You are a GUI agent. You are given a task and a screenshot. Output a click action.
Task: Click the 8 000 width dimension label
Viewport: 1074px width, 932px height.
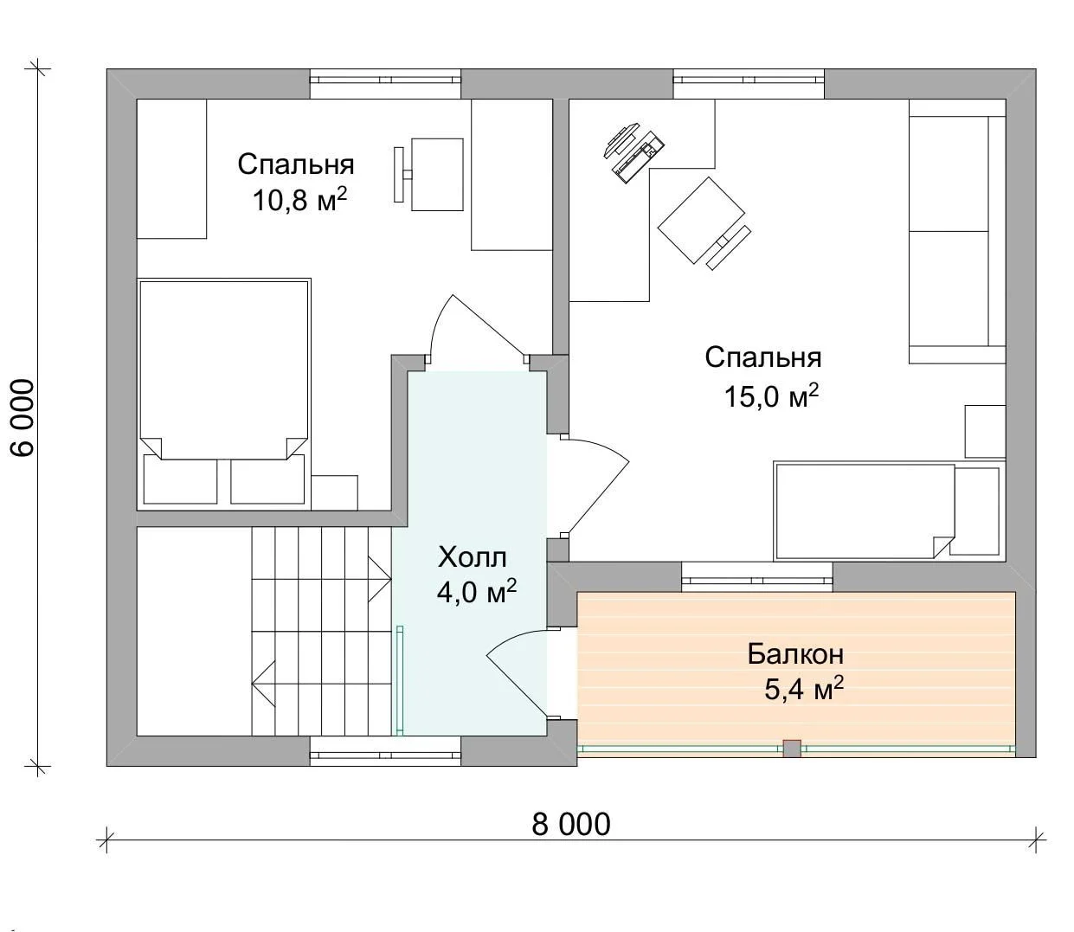[x=571, y=825]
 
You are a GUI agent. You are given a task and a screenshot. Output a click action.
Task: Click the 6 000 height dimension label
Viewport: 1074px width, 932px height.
[x=23, y=417]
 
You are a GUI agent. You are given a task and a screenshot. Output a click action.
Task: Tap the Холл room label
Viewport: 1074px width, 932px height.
[x=473, y=557]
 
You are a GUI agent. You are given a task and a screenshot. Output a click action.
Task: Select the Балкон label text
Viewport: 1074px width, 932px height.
[x=796, y=654]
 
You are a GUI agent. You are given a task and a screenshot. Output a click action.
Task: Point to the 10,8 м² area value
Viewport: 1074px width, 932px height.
[x=300, y=199]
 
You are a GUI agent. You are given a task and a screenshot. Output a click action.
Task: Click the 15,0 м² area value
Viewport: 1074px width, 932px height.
[x=772, y=395]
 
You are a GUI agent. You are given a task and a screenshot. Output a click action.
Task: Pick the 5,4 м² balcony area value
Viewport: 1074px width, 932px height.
[x=804, y=688]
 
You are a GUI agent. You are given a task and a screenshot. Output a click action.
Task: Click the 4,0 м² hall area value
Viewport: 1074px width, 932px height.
[x=477, y=591]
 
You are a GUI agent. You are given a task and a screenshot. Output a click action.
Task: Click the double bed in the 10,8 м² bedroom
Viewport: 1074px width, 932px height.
[x=224, y=394]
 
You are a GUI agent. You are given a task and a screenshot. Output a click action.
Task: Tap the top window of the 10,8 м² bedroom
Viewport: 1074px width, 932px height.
[x=385, y=83]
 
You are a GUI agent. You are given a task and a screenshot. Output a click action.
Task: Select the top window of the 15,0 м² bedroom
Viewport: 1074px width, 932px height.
[x=749, y=83]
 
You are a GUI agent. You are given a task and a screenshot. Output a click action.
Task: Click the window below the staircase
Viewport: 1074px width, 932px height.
[x=385, y=751]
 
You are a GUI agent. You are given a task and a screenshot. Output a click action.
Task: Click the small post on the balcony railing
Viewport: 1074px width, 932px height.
[x=792, y=749]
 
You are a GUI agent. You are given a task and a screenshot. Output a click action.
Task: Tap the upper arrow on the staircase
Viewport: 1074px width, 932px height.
[x=380, y=579]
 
